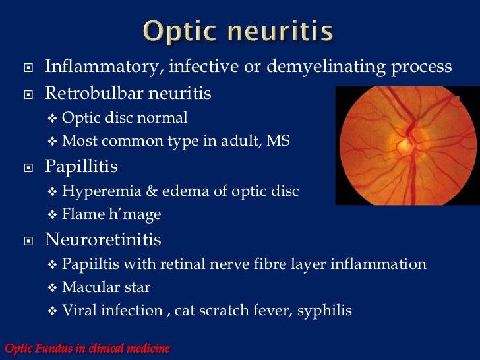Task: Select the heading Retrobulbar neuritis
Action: pos(128,94)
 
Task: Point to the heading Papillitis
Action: pos(81,167)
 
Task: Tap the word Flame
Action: pos(80,214)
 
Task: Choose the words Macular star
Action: pos(106,287)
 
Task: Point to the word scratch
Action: pos(233,311)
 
